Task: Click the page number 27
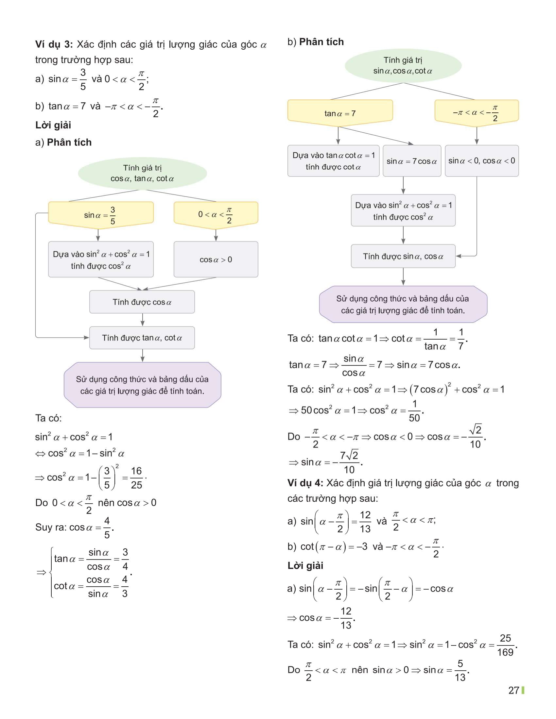point(513,690)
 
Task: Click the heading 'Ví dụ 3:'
point(54,44)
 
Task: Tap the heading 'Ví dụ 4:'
point(305,483)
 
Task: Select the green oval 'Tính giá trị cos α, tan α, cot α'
point(142,173)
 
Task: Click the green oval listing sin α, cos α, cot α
point(403,65)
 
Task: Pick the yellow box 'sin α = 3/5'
point(101,214)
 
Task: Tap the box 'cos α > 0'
point(216,259)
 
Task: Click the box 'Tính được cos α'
point(142,302)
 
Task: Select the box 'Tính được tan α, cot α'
point(142,338)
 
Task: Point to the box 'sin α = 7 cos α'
point(412,161)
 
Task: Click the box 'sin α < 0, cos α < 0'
point(481,161)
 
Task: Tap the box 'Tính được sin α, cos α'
point(403,256)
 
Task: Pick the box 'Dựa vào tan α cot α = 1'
point(333,161)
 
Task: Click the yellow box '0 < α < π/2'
point(216,214)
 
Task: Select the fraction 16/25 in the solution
point(136,478)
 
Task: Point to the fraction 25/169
point(505,645)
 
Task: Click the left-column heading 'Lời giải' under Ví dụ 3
point(53,125)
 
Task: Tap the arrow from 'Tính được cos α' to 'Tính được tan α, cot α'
point(142,320)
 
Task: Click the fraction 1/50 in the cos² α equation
point(414,411)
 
